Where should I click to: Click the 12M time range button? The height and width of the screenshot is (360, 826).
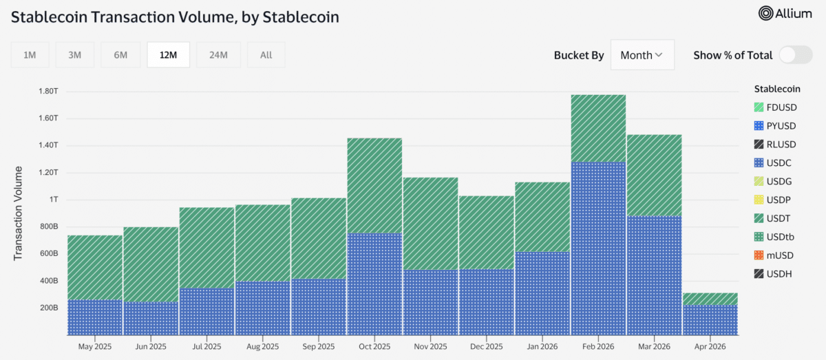(169, 55)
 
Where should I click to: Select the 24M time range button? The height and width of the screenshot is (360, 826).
(218, 55)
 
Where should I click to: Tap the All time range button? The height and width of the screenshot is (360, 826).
(266, 55)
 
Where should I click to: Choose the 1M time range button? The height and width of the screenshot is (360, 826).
(30, 55)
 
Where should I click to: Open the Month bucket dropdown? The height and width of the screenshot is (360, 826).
(642, 55)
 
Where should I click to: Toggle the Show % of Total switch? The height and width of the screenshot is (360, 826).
(796, 55)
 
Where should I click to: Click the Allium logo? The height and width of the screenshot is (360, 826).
(785, 13)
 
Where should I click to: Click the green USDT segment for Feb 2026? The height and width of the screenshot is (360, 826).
(598, 128)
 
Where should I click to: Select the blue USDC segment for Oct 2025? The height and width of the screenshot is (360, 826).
(374, 284)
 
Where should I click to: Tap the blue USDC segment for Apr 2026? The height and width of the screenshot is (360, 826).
(710, 319)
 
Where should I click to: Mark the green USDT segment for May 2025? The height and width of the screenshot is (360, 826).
(95, 267)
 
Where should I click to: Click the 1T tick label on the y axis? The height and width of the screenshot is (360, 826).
(52, 200)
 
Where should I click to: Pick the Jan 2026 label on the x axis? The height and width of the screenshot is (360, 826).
(542, 346)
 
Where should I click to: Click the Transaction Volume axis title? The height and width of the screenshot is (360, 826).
(19, 213)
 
